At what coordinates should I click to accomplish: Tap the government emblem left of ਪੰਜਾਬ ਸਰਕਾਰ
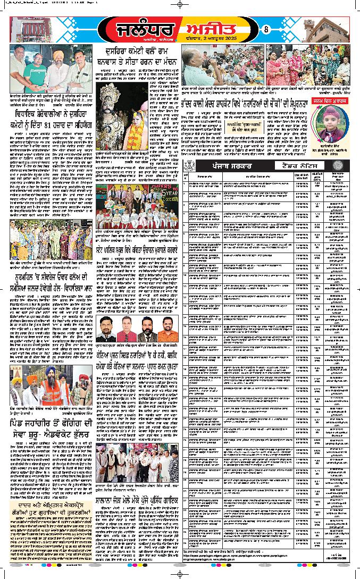pyautogui.click(x=188, y=165)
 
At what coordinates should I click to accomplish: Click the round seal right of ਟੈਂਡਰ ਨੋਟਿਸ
pyautogui.click(x=342, y=165)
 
